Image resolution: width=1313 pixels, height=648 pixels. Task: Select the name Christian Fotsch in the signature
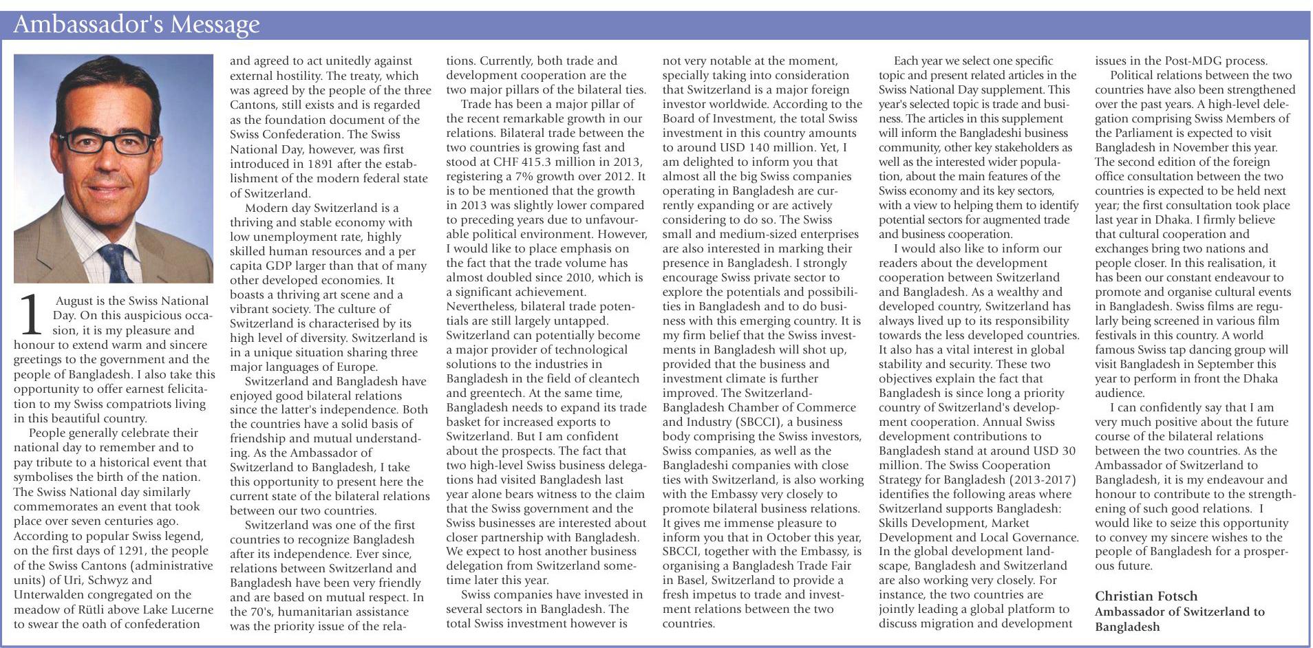pos(1146,596)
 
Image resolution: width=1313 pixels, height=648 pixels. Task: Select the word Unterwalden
pos(48,594)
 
